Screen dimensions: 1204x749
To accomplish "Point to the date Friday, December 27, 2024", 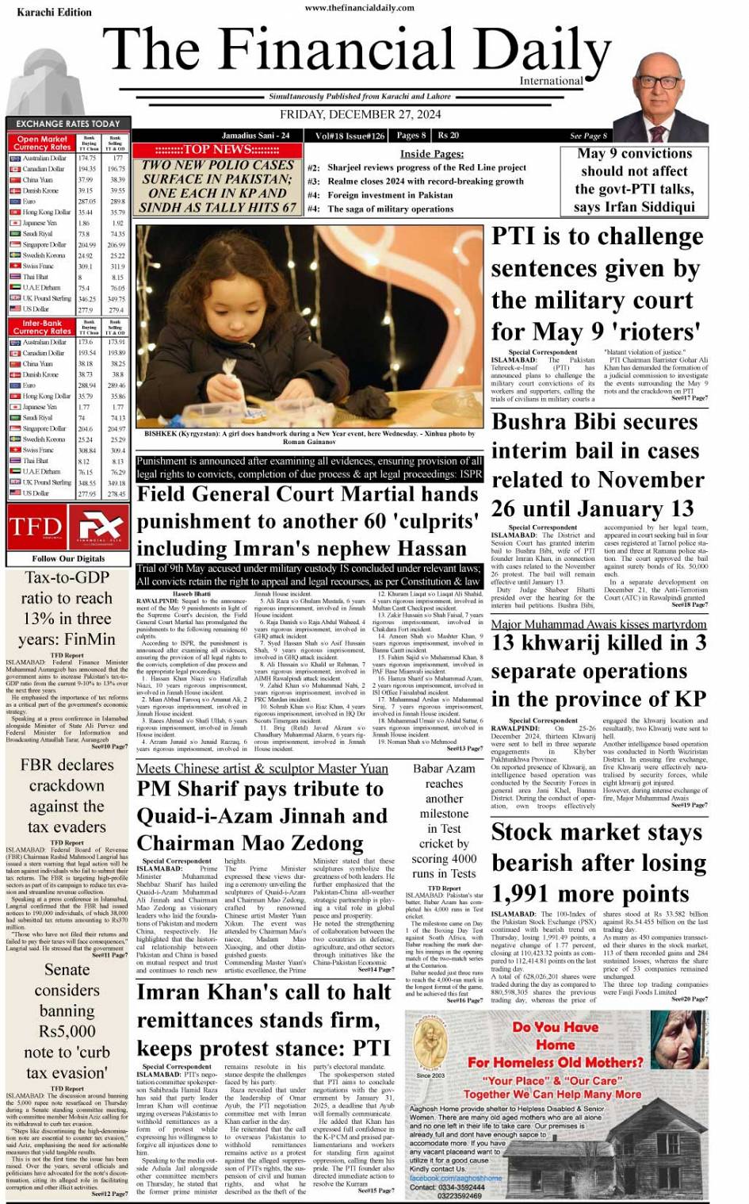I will tap(365, 115).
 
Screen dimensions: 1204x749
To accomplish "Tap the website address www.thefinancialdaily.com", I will tap(359, 8).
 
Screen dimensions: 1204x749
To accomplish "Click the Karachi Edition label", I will tap(43, 13).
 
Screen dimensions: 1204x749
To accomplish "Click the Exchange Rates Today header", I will tap(67, 124).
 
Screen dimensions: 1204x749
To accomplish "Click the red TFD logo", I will tap(36, 527).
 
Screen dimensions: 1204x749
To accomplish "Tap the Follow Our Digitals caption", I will tap(67, 558).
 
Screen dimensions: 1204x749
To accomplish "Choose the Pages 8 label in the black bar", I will tap(411, 136).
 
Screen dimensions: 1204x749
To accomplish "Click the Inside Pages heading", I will tap(431, 154).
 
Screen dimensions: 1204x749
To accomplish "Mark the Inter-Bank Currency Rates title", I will tap(42, 328).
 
